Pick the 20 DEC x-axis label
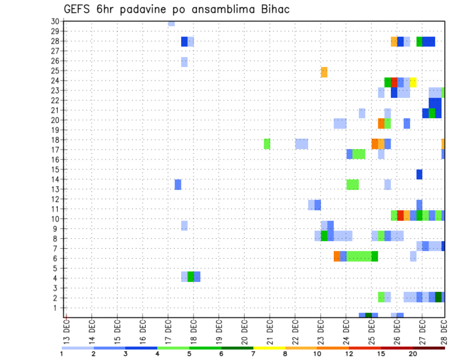coord(244,329)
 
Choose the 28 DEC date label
coord(444,329)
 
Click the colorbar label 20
coord(413,354)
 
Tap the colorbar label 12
coord(349,354)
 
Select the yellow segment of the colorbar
coord(269,348)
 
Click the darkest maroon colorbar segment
coord(429,348)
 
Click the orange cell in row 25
coord(324,72)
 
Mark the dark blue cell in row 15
coord(419,174)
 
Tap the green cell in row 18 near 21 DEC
coord(267,144)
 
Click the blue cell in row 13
coord(178,184)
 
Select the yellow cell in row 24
coord(413,82)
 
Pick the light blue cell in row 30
coord(171,23)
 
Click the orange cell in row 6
coord(337,256)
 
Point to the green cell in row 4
coord(191,276)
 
